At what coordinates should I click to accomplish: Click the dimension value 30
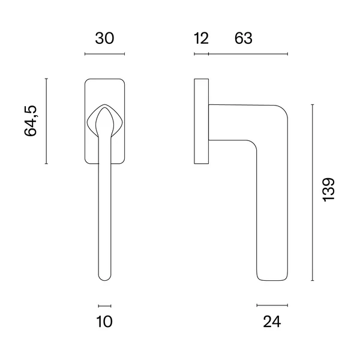[104, 38]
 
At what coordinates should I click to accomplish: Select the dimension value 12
[202, 38]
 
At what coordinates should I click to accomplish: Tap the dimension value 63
[244, 38]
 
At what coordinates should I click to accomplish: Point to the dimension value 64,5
[31, 121]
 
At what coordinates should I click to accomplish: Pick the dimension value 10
[104, 322]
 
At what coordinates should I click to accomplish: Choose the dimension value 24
[272, 322]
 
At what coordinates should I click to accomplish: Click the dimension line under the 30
[104, 54]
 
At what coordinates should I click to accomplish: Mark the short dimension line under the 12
[202, 54]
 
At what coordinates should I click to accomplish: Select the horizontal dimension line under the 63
[248, 54]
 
